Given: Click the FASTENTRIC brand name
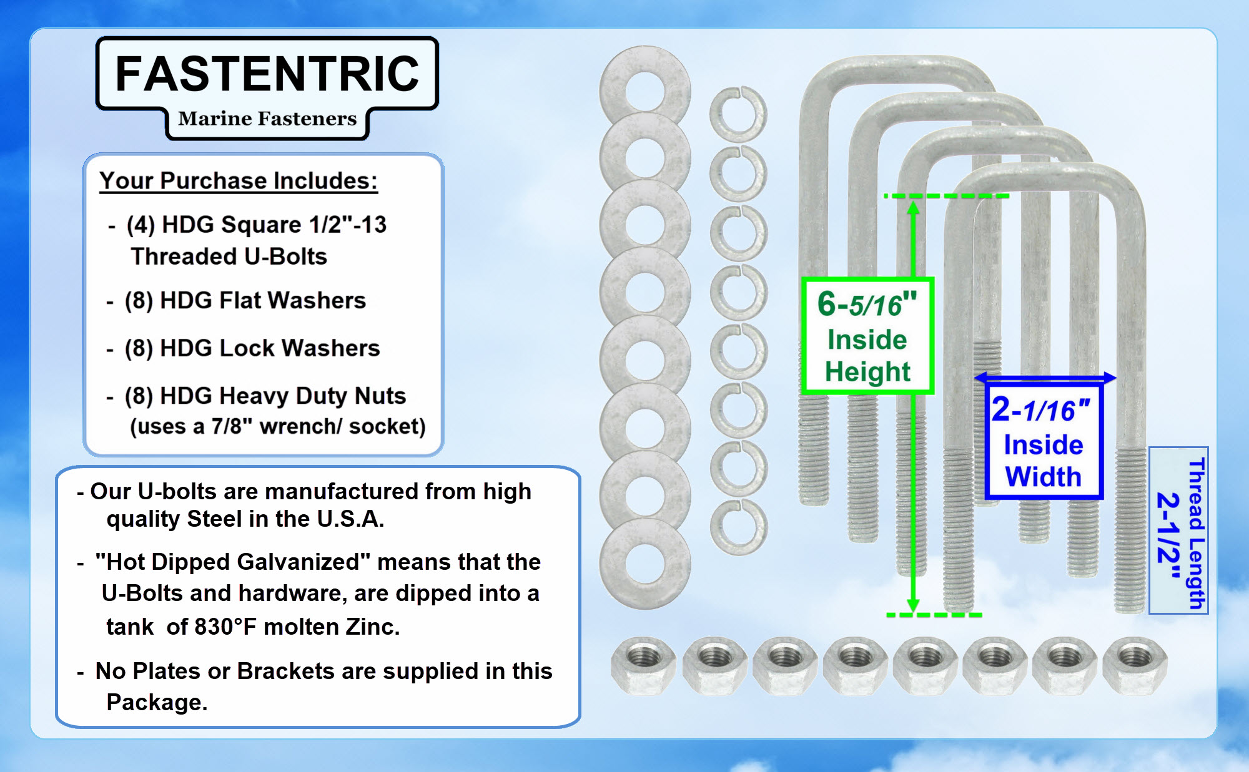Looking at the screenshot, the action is pyautogui.click(x=267, y=74).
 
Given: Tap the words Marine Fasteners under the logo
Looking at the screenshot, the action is pyautogui.click(x=267, y=119).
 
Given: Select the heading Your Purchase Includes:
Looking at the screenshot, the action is pyautogui.click(x=239, y=181).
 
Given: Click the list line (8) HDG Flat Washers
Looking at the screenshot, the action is pyautogui.click(x=245, y=301).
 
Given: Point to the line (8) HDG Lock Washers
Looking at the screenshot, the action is pyautogui.click(x=252, y=348).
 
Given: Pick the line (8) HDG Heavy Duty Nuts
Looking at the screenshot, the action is pyautogui.click(x=265, y=396).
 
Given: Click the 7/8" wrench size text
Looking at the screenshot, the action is pyautogui.click(x=232, y=427).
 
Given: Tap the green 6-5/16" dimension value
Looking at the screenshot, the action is pyautogui.click(x=867, y=305).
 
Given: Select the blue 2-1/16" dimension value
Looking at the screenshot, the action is pyautogui.click(x=1041, y=410).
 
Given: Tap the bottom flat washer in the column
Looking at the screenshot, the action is pyautogui.click(x=644, y=564).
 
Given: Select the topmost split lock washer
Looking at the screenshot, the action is pyautogui.click(x=738, y=114).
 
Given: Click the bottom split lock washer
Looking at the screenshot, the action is pyautogui.click(x=738, y=527).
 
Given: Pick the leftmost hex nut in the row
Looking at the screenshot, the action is pyautogui.click(x=644, y=664).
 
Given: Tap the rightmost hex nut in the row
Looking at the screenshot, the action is pyautogui.click(x=1135, y=664).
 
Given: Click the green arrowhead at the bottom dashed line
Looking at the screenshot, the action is pyautogui.click(x=913, y=605).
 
